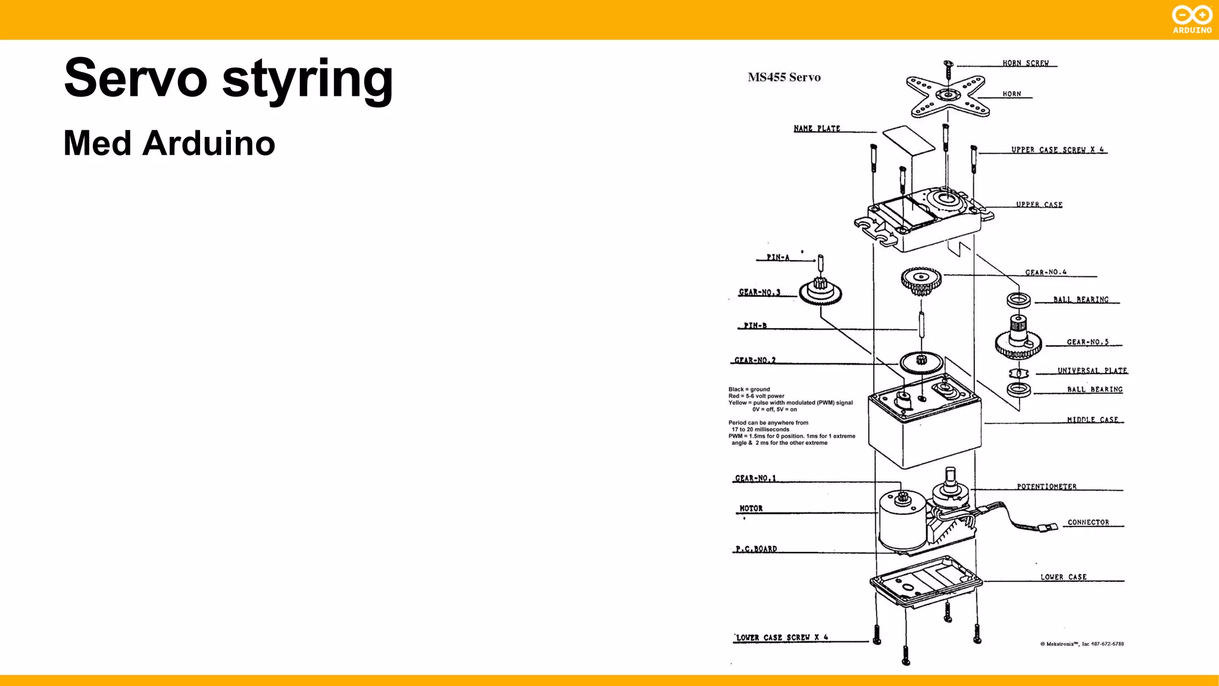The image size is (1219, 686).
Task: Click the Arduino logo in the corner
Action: (1192, 20)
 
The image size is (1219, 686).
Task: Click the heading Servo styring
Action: (228, 79)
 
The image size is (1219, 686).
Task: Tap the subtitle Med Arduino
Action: (169, 144)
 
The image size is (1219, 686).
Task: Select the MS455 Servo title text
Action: (784, 77)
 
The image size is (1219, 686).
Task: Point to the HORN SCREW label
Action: (1025, 63)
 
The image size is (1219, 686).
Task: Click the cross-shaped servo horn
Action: (948, 95)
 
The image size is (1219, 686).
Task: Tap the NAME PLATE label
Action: (817, 129)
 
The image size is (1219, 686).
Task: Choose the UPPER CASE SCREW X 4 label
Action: (1057, 150)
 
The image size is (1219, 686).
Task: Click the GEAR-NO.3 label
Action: (759, 292)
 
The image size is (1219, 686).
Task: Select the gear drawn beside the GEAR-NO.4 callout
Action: (921, 280)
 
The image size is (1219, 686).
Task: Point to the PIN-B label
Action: (755, 326)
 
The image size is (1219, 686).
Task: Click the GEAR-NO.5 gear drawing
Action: (1018, 341)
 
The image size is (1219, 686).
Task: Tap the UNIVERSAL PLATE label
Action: (1092, 370)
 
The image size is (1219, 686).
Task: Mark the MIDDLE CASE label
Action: (1092, 420)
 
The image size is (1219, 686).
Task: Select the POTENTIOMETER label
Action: (1046, 487)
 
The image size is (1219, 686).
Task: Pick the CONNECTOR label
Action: (1088, 522)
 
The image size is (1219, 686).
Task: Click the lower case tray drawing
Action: (926, 582)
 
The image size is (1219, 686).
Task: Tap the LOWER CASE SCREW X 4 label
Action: (782, 638)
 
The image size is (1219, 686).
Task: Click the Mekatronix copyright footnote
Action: (1082, 644)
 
